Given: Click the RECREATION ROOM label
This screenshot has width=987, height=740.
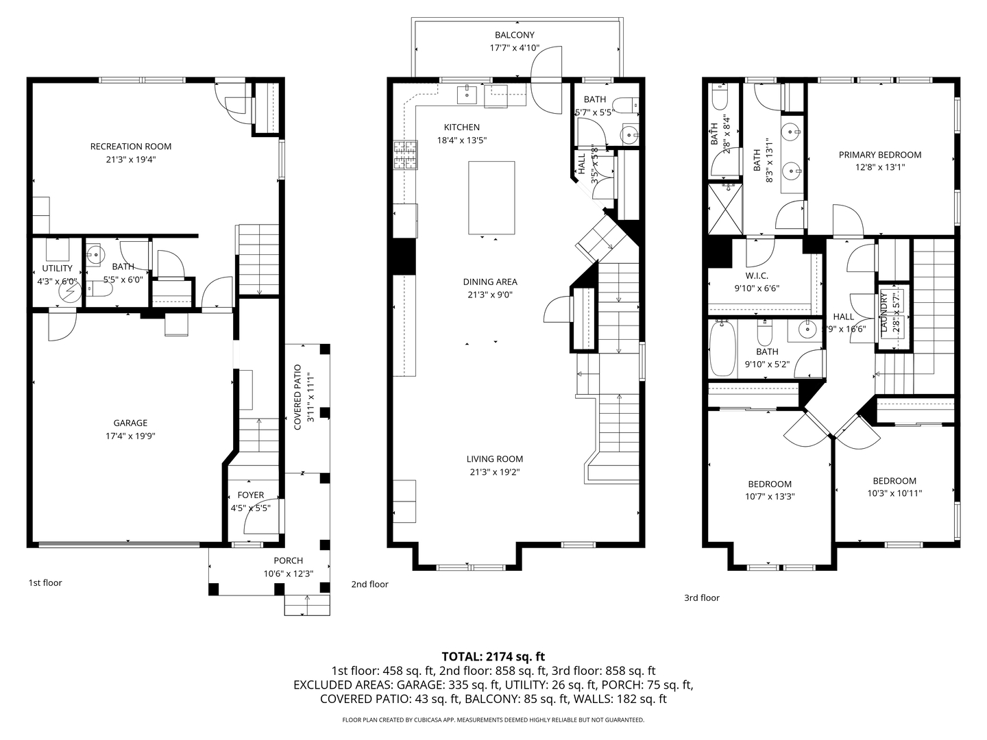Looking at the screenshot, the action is [130, 147].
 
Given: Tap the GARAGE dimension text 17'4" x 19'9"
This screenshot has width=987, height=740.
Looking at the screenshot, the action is [130, 436].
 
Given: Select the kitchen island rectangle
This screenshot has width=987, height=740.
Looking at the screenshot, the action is [491, 198].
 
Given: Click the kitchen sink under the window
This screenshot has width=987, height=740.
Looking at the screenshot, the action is [467, 95].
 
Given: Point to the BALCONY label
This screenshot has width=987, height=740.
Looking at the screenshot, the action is [515, 35].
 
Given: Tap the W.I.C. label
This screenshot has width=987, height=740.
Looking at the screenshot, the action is [757, 276].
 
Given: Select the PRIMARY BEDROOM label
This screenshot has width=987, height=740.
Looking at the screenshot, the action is [880, 155].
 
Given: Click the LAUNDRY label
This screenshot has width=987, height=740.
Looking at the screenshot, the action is [884, 312].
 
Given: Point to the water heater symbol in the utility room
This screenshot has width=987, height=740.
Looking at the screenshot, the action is [71, 292].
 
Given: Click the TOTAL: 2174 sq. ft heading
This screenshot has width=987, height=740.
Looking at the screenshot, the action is [493, 657].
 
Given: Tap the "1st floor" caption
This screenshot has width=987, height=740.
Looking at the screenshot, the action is [45, 582].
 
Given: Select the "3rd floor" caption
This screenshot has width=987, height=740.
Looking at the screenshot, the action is [702, 597].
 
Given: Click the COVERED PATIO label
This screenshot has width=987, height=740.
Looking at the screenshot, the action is [297, 397].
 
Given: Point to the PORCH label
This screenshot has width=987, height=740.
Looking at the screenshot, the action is [289, 560].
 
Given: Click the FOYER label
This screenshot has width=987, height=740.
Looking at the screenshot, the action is [250, 495].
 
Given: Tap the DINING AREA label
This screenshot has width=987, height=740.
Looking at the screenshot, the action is [490, 282].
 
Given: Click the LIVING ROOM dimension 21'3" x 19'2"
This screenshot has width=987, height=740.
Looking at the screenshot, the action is [494, 472].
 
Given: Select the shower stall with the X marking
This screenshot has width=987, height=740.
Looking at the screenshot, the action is [725, 209].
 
